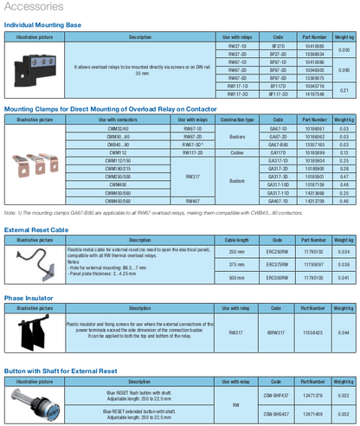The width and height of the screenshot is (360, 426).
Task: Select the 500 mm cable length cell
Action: click(236, 277)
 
